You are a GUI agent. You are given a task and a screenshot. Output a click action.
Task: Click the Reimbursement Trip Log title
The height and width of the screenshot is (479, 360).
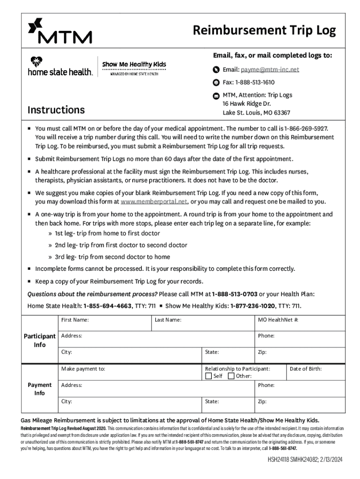(x=264, y=31)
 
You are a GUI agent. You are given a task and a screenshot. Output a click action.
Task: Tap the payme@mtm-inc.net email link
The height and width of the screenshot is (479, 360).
(x=270, y=70)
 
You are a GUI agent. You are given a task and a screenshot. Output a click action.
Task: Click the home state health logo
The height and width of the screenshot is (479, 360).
(x=60, y=66)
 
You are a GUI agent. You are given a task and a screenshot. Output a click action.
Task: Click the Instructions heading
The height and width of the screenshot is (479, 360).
(x=56, y=110)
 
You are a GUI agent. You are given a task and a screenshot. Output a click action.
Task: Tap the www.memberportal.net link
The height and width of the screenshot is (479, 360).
(x=154, y=202)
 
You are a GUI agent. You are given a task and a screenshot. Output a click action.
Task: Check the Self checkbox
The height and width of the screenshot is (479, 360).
(x=209, y=376)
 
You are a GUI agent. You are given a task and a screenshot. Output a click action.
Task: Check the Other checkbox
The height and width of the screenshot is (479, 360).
(x=231, y=376)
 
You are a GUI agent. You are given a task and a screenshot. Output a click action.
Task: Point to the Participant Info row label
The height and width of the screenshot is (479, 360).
(x=40, y=341)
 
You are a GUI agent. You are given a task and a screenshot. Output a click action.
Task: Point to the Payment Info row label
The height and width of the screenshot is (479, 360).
(x=40, y=389)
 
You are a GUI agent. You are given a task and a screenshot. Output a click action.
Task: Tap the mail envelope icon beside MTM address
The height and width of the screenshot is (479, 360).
(x=216, y=95)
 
